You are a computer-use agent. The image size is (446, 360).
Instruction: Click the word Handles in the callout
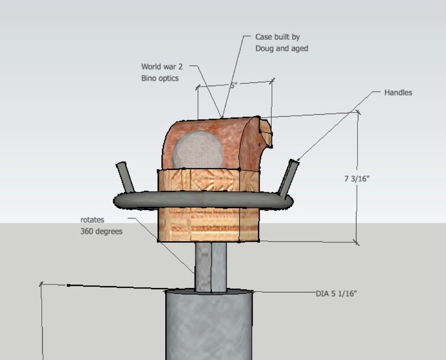click(398, 93)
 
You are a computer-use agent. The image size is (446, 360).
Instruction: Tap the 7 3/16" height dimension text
click(357, 179)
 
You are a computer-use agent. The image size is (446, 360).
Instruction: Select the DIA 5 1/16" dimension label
click(336, 293)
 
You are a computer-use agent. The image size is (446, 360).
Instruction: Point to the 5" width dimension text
click(234, 85)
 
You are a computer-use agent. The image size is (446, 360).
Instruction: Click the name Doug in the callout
click(265, 48)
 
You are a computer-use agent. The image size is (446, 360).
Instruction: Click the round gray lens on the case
click(198, 149)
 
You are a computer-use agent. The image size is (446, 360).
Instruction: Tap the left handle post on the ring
click(125, 177)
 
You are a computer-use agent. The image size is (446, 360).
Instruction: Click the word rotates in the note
click(92, 220)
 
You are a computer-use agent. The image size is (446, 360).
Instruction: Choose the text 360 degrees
click(101, 232)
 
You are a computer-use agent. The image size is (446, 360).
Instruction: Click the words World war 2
click(162, 67)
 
